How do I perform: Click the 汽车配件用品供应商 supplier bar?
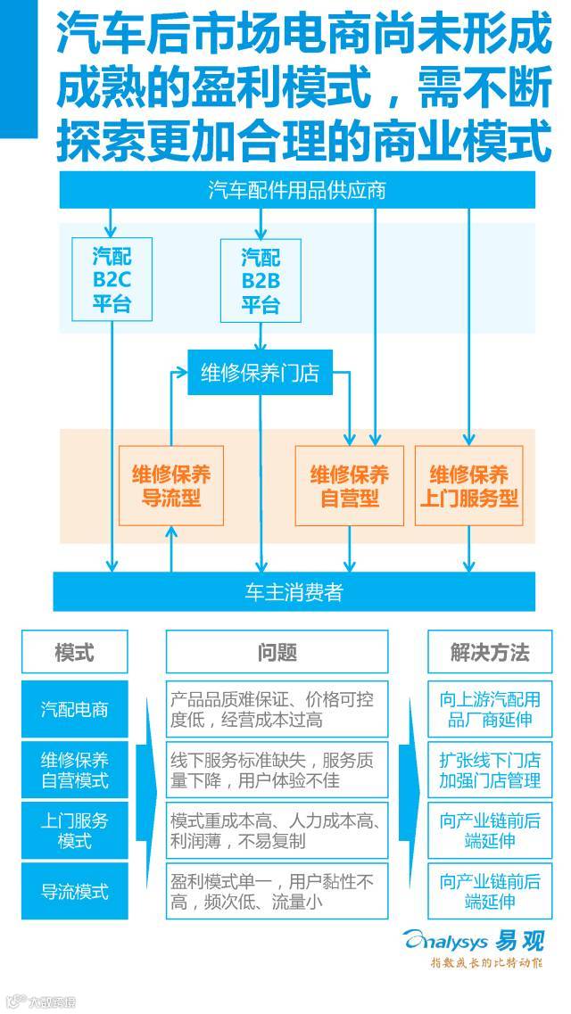(297, 190)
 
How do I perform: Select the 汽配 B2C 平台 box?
(112, 279)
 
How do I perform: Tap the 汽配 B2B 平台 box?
(261, 279)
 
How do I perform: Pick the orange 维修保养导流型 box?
(171, 485)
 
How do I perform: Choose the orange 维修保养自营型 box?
(349, 485)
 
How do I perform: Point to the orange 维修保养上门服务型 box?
(468, 485)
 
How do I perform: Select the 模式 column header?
(74, 651)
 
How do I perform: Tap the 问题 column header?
(277, 651)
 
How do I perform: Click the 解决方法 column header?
(489, 651)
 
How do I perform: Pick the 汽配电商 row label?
(74, 709)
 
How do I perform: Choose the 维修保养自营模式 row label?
(74, 770)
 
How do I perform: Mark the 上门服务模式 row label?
(74, 830)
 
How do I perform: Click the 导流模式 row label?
(74, 891)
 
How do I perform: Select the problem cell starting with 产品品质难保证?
(277, 709)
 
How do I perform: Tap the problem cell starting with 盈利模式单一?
(277, 891)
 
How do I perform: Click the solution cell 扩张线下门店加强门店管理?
(489, 770)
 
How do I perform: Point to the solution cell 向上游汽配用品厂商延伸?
(489, 709)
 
